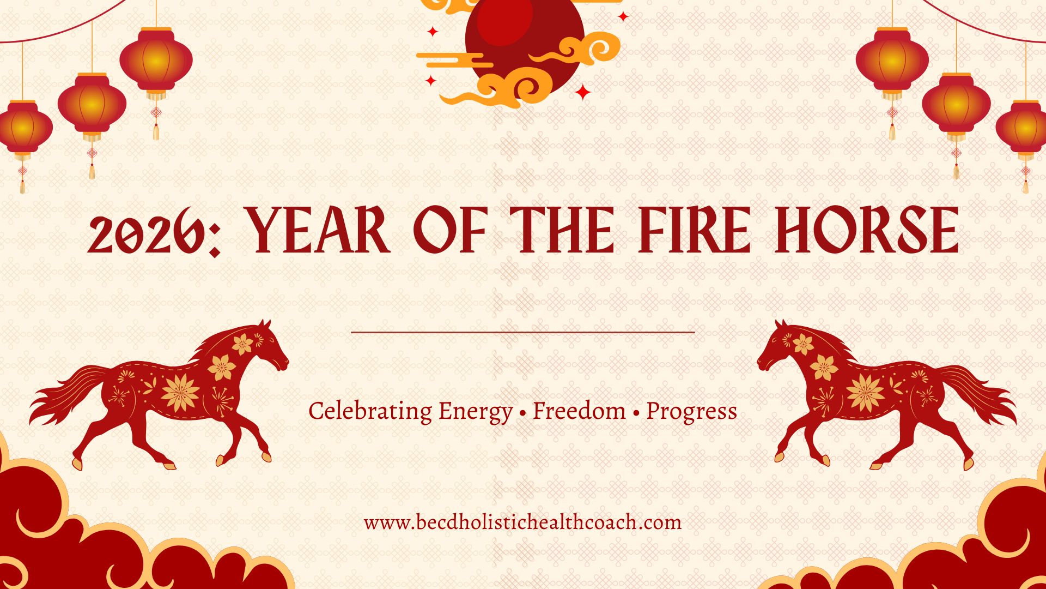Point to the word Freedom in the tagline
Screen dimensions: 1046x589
point(579,411)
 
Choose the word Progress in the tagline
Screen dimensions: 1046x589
point(691,412)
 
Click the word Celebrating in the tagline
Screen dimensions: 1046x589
point(370,412)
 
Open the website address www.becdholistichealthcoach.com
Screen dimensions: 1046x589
point(522,522)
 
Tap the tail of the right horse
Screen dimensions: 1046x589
point(978,393)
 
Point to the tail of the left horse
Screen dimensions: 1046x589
point(68,393)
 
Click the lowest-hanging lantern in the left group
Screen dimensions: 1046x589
point(22,128)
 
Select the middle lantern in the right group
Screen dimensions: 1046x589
point(956,104)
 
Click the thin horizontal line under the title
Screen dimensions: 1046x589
point(523,332)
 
